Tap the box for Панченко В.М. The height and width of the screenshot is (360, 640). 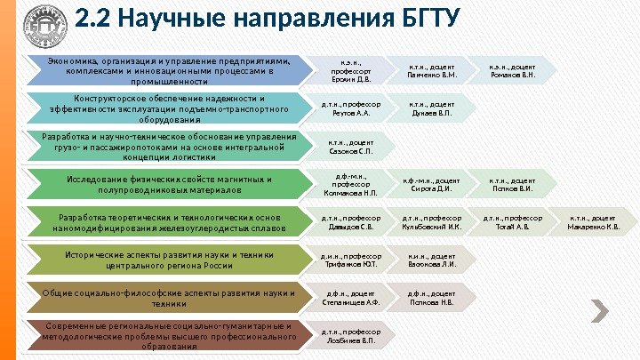tap(432, 70)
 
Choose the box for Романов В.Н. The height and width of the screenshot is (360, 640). tap(513, 70)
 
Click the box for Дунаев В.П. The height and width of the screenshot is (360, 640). tap(432, 108)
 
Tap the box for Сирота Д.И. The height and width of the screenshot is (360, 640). tap(432, 184)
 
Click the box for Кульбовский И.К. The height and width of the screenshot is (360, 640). tap(432, 221)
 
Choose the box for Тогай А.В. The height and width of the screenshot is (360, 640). tap(513, 221)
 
